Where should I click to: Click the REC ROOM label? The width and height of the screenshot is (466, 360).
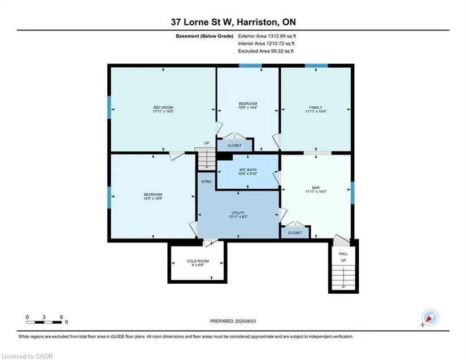click(x=163, y=107)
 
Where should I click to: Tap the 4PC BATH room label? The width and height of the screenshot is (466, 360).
click(x=247, y=170)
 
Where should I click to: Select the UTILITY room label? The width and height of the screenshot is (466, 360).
click(x=238, y=213)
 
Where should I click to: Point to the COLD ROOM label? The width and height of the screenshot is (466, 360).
click(x=198, y=261)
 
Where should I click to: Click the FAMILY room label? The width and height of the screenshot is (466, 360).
click(x=316, y=107)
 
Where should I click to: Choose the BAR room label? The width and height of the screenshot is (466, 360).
click(x=316, y=188)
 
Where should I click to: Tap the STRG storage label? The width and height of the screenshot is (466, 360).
click(x=206, y=181)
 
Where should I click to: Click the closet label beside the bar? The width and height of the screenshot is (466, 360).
click(x=295, y=233)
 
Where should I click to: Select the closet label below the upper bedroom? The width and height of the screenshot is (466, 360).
click(x=234, y=146)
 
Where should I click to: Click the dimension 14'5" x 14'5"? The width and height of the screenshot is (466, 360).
click(x=153, y=198)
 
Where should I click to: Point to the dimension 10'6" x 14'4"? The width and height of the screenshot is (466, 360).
click(x=247, y=107)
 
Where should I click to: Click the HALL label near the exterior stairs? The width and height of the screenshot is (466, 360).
click(x=343, y=254)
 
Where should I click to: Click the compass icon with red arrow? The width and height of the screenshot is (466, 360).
click(x=430, y=317)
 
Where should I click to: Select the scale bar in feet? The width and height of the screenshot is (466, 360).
click(x=44, y=322)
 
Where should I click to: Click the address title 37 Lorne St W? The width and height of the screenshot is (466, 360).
click(x=203, y=22)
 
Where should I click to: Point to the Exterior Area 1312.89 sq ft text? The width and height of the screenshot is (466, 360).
click(x=267, y=36)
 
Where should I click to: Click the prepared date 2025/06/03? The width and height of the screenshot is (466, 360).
click(x=246, y=321)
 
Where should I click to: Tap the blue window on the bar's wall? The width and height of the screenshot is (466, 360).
click(x=352, y=193)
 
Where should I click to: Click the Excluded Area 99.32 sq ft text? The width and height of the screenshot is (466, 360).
click(x=265, y=51)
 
